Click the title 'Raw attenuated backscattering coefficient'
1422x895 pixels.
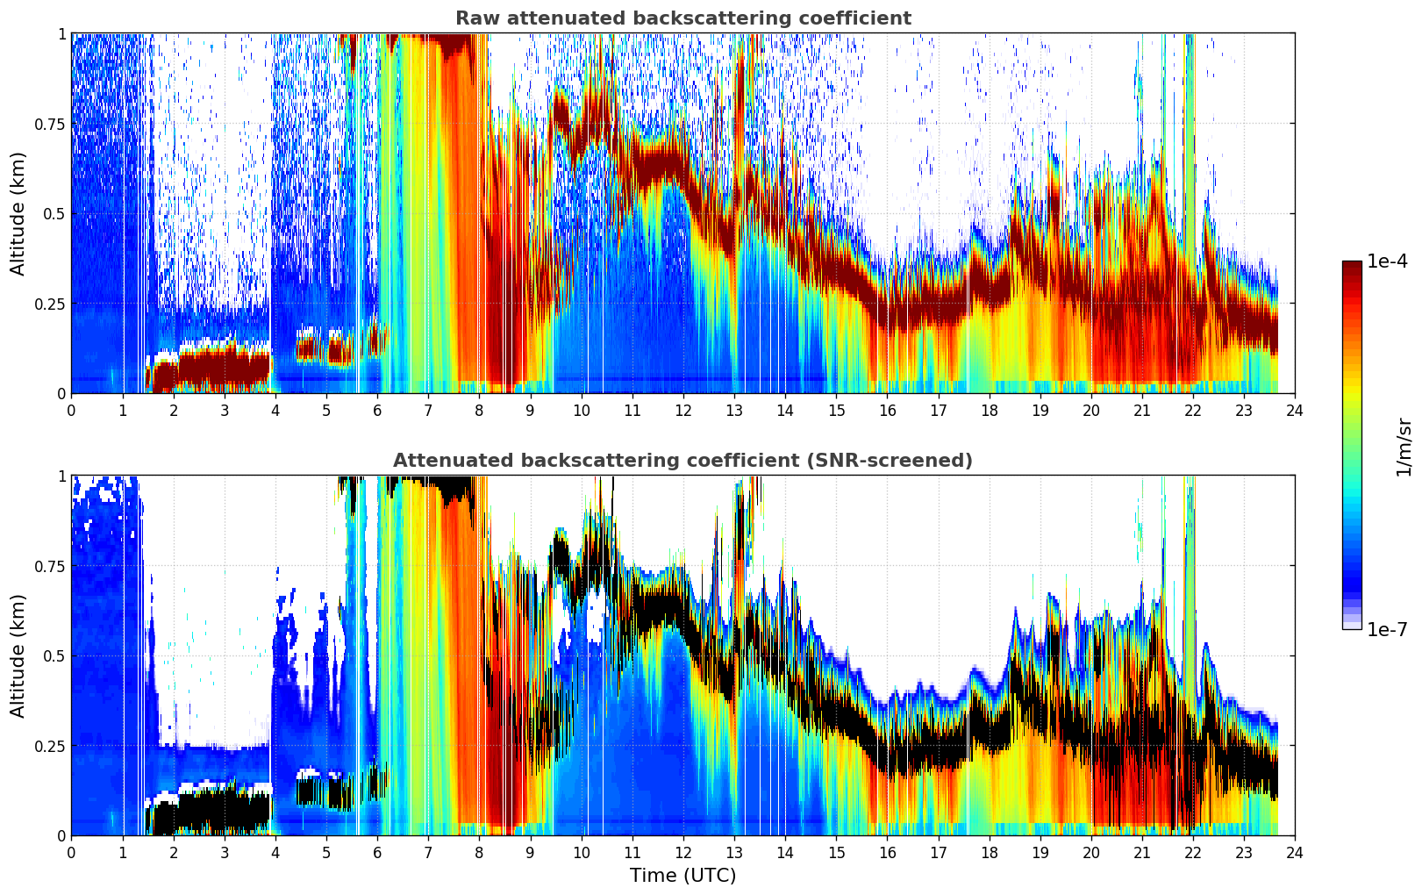click(683, 18)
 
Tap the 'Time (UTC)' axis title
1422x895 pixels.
click(683, 876)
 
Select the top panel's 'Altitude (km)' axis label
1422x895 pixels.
click(18, 213)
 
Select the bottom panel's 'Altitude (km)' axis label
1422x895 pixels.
click(18, 655)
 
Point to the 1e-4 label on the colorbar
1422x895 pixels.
click(1387, 261)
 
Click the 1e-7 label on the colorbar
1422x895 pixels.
click(1387, 630)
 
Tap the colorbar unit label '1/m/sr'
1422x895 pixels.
click(1404, 447)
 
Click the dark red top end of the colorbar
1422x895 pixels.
click(1352, 265)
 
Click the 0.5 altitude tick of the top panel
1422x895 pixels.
click(54, 214)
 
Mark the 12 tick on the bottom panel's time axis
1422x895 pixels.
click(683, 853)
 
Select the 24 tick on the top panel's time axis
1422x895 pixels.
click(1295, 411)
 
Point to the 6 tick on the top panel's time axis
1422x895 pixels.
click(377, 411)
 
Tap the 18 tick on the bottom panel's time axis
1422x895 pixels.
click(989, 853)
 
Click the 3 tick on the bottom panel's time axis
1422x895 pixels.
click(224, 853)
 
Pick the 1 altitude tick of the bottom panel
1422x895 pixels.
click(61, 476)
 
